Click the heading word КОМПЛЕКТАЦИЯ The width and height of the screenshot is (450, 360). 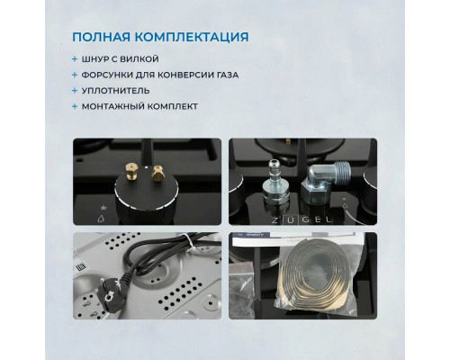[192, 38]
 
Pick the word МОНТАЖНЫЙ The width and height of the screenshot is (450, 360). [116, 107]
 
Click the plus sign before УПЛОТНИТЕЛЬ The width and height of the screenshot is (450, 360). [76, 91]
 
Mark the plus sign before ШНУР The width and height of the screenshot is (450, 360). [76, 58]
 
